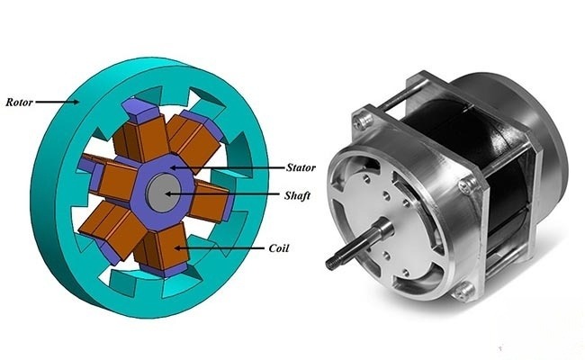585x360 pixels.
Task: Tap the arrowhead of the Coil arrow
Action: pos(176,245)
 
